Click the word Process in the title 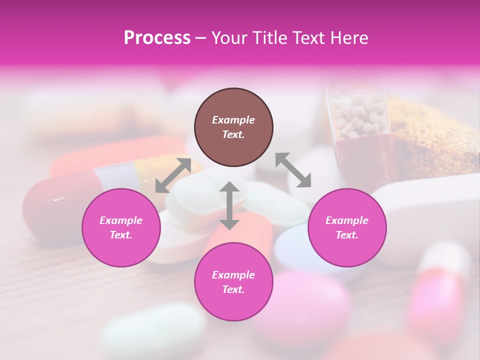click(157, 38)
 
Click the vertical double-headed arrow click(229, 205)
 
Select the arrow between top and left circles click(173, 175)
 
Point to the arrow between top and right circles click(293, 170)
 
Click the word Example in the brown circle click(233, 120)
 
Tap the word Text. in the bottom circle click(233, 289)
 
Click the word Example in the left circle click(121, 220)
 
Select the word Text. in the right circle click(347, 235)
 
